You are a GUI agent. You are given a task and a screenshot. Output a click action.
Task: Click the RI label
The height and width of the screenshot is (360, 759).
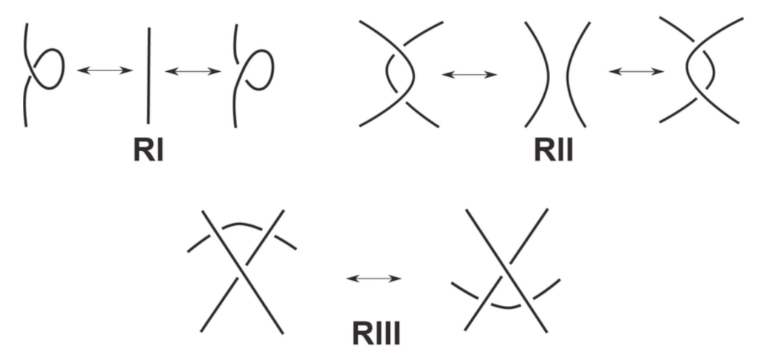click(148, 150)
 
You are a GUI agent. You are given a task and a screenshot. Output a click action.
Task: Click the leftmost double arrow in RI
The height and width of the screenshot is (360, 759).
click(105, 70)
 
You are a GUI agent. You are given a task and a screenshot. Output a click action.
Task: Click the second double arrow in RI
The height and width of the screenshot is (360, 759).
click(193, 70)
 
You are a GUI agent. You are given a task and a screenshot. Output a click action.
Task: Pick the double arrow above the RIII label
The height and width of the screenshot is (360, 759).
click(374, 278)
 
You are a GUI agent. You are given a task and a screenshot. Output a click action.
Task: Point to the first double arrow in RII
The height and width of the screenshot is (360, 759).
click(468, 74)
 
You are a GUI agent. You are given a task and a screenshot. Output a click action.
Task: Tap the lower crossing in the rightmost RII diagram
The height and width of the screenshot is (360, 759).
click(697, 100)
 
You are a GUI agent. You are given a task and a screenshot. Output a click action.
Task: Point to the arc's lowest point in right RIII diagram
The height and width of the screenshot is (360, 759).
click(506, 306)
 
